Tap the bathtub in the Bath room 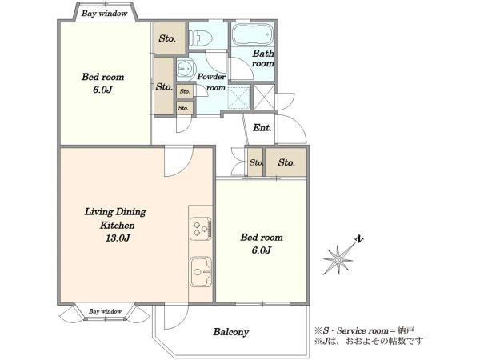(253, 34)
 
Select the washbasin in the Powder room (186, 68)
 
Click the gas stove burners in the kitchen (201, 229)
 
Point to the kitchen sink (201, 272)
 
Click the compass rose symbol (338, 259)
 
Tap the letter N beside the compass (359, 238)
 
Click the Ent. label (262, 128)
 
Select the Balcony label (231, 332)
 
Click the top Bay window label (104, 14)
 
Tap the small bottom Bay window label (106, 312)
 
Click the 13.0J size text (118, 238)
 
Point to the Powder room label (211, 82)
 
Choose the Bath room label (262, 58)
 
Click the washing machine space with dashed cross (239, 98)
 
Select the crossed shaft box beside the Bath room (265, 98)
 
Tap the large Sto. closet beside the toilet (170, 38)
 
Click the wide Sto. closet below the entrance (286, 162)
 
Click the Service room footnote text (364, 330)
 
